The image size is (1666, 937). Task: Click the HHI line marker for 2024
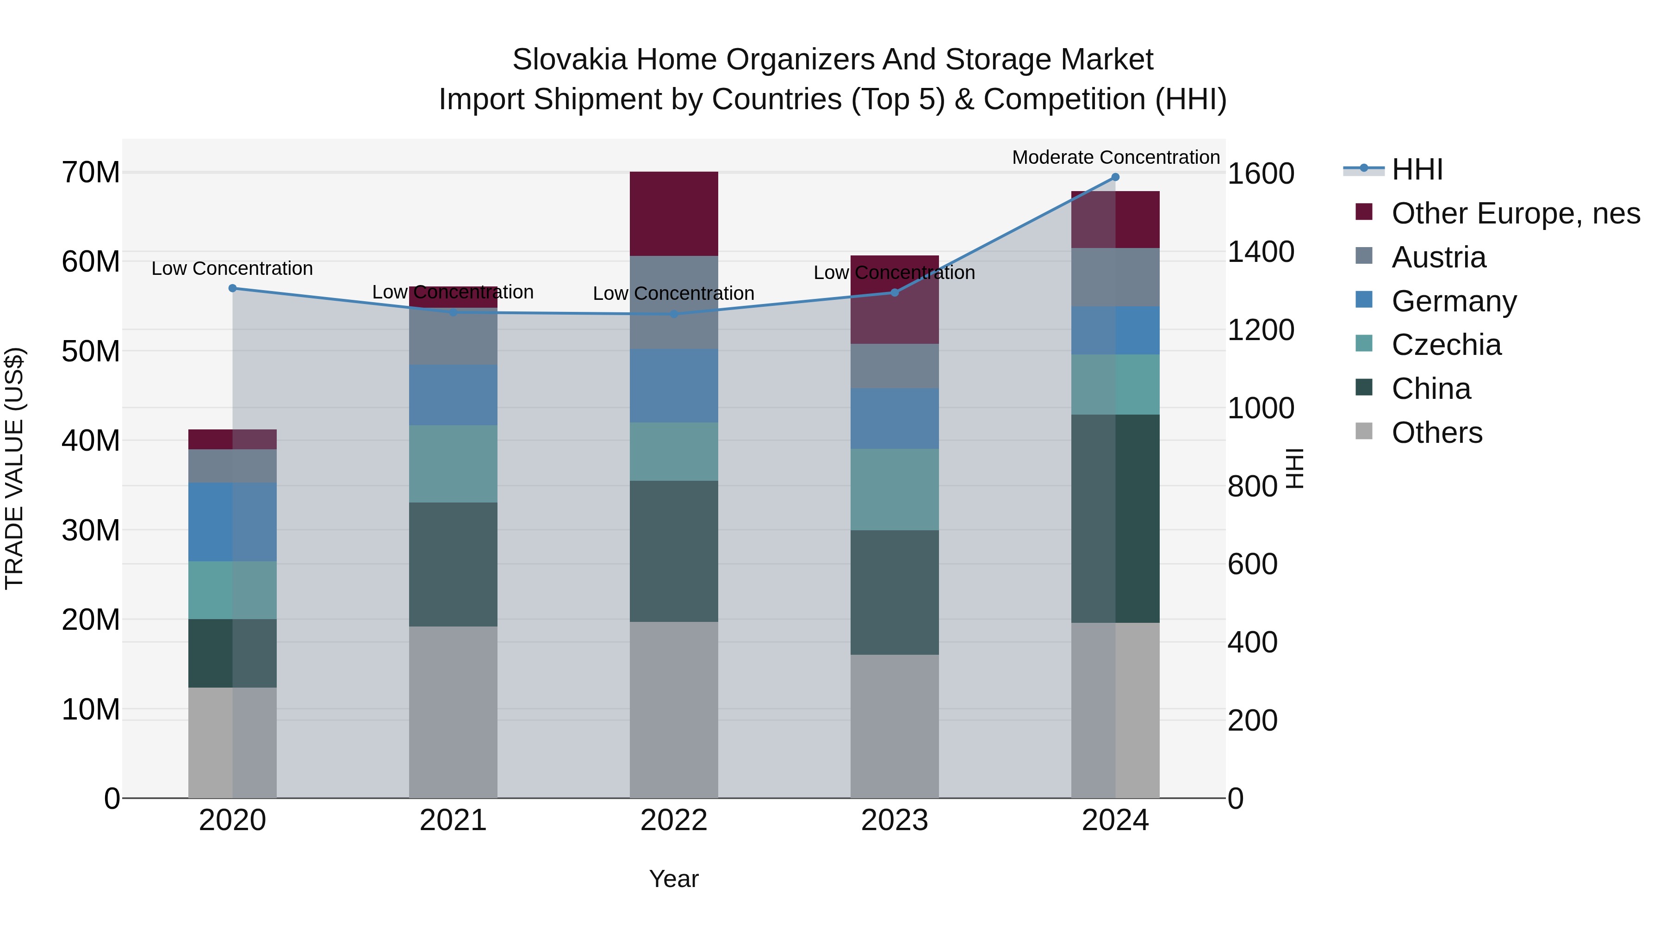1115,177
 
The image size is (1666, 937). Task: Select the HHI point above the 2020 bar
233,288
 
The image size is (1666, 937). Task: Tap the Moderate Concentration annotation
1116,157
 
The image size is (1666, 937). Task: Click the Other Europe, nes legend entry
1515,213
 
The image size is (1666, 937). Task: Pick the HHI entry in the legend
1417,169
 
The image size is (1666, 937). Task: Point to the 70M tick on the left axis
91,173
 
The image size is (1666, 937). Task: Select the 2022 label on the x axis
673,820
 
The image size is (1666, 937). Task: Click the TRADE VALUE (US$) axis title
14,468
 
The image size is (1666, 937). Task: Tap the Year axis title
673,879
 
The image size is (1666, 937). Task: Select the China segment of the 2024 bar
1115,519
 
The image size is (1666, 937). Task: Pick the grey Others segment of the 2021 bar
453,711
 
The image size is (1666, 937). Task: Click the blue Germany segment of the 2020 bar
232,522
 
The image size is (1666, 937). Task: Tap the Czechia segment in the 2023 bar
895,490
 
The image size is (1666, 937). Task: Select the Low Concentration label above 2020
232,268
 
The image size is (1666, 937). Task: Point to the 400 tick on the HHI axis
1253,642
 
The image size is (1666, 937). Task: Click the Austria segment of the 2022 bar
673,303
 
